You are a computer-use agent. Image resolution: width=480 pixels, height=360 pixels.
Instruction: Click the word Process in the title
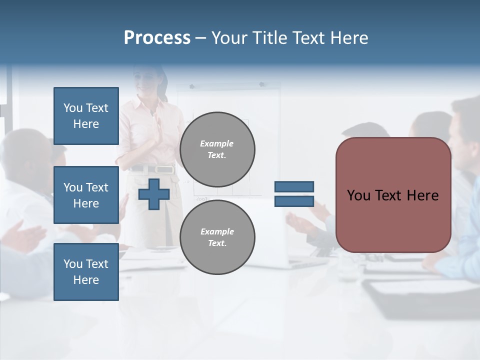[157, 38]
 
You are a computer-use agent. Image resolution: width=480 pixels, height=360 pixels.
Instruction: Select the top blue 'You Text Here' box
[86, 116]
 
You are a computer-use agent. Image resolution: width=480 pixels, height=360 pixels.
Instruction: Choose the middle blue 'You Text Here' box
[86, 195]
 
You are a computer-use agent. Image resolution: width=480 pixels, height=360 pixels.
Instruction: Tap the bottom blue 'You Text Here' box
[86, 272]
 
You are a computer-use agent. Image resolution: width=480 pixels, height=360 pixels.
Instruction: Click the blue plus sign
[153, 194]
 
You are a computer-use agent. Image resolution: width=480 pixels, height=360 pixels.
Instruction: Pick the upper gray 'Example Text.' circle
[217, 149]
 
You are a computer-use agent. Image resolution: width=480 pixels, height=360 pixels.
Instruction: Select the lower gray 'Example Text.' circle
[217, 237]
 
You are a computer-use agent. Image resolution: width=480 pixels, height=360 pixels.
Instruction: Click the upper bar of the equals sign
[294, 186]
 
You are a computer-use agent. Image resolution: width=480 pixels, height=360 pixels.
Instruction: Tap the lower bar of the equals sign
[294, 201]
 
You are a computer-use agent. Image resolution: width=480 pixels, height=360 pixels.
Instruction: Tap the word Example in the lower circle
[217, 231]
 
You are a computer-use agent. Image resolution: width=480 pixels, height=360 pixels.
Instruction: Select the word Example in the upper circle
[217, 143]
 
